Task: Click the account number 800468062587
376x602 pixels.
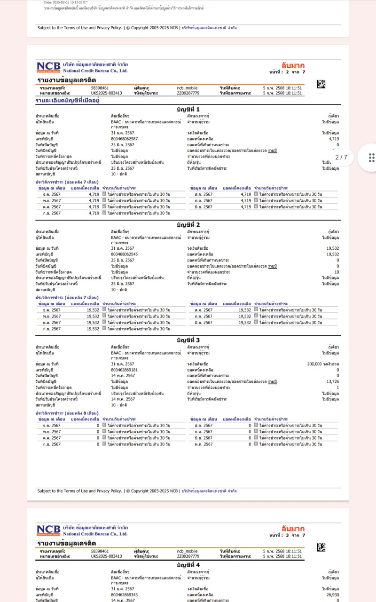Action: tap(125, 139)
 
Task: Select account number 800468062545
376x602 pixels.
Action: tap(125, 254)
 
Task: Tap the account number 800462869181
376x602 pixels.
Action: tap(125, 370)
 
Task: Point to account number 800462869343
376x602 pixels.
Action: tap(125, 594)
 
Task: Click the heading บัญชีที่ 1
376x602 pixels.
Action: tap(188, 109)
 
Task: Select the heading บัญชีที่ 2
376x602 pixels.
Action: tap(188, 224)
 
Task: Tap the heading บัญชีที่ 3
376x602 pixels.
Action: tap(188, 340)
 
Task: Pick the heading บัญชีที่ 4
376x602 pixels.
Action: tap(188, 564)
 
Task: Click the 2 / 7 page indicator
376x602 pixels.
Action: tap(341, 157)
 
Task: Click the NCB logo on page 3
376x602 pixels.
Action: tap(48, 530)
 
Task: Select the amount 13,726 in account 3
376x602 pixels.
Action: tap(332, 381)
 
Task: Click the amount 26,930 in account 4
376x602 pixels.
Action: tap(332, 594)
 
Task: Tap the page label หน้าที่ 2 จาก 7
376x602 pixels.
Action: tap(287, 72)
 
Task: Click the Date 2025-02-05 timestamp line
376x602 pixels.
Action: tap(66, 2)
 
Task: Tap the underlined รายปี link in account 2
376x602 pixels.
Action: tap(272, 266)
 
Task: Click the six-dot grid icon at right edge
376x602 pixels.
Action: tap(371, 157)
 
